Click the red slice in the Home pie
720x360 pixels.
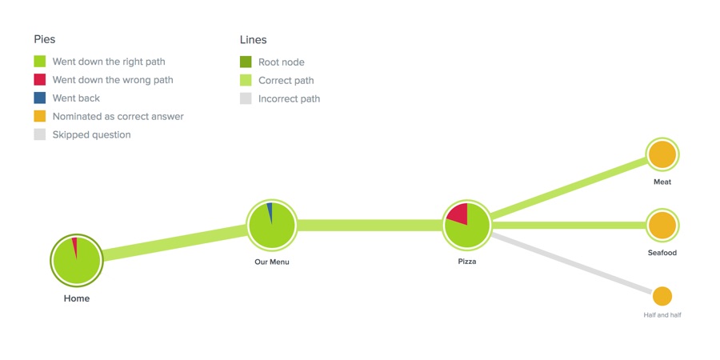coord(75,247)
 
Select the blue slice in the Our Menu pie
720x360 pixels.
coord(270,211)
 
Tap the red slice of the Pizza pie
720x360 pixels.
coord(459,214)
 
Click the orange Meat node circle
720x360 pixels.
coord(662,154)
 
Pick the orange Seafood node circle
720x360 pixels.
coord(662,226)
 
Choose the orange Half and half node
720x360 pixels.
coord(662,296)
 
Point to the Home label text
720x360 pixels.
coord(77,298)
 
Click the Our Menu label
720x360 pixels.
coord(272,262)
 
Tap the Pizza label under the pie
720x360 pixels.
coord(467,262)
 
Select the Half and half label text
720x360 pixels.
coord(662,315)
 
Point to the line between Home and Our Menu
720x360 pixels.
coord(174,242)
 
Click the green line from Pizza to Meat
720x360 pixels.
coord(570,187)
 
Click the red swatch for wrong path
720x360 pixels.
coord(40,80)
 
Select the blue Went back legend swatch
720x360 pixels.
coord(40,98)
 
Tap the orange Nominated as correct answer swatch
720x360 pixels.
coord(40,117)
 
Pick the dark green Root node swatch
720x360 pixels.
coord(246,62)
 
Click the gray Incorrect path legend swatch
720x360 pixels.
coord(246,98)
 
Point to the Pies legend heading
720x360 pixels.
coord(45,39)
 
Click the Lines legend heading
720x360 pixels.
coord(253,40)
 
